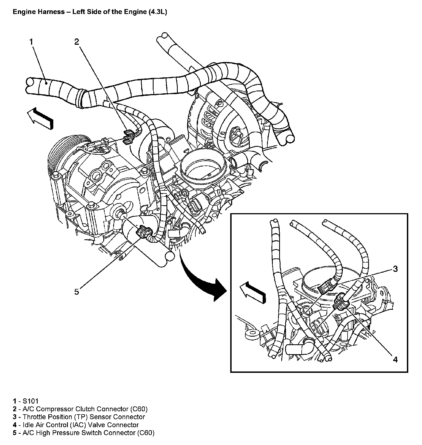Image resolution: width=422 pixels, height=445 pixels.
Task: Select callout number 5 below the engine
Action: (x=76, y=292)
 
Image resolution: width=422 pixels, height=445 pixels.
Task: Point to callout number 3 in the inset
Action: (x=395, y=269)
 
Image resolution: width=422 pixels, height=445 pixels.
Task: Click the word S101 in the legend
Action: (x=31, y=401)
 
